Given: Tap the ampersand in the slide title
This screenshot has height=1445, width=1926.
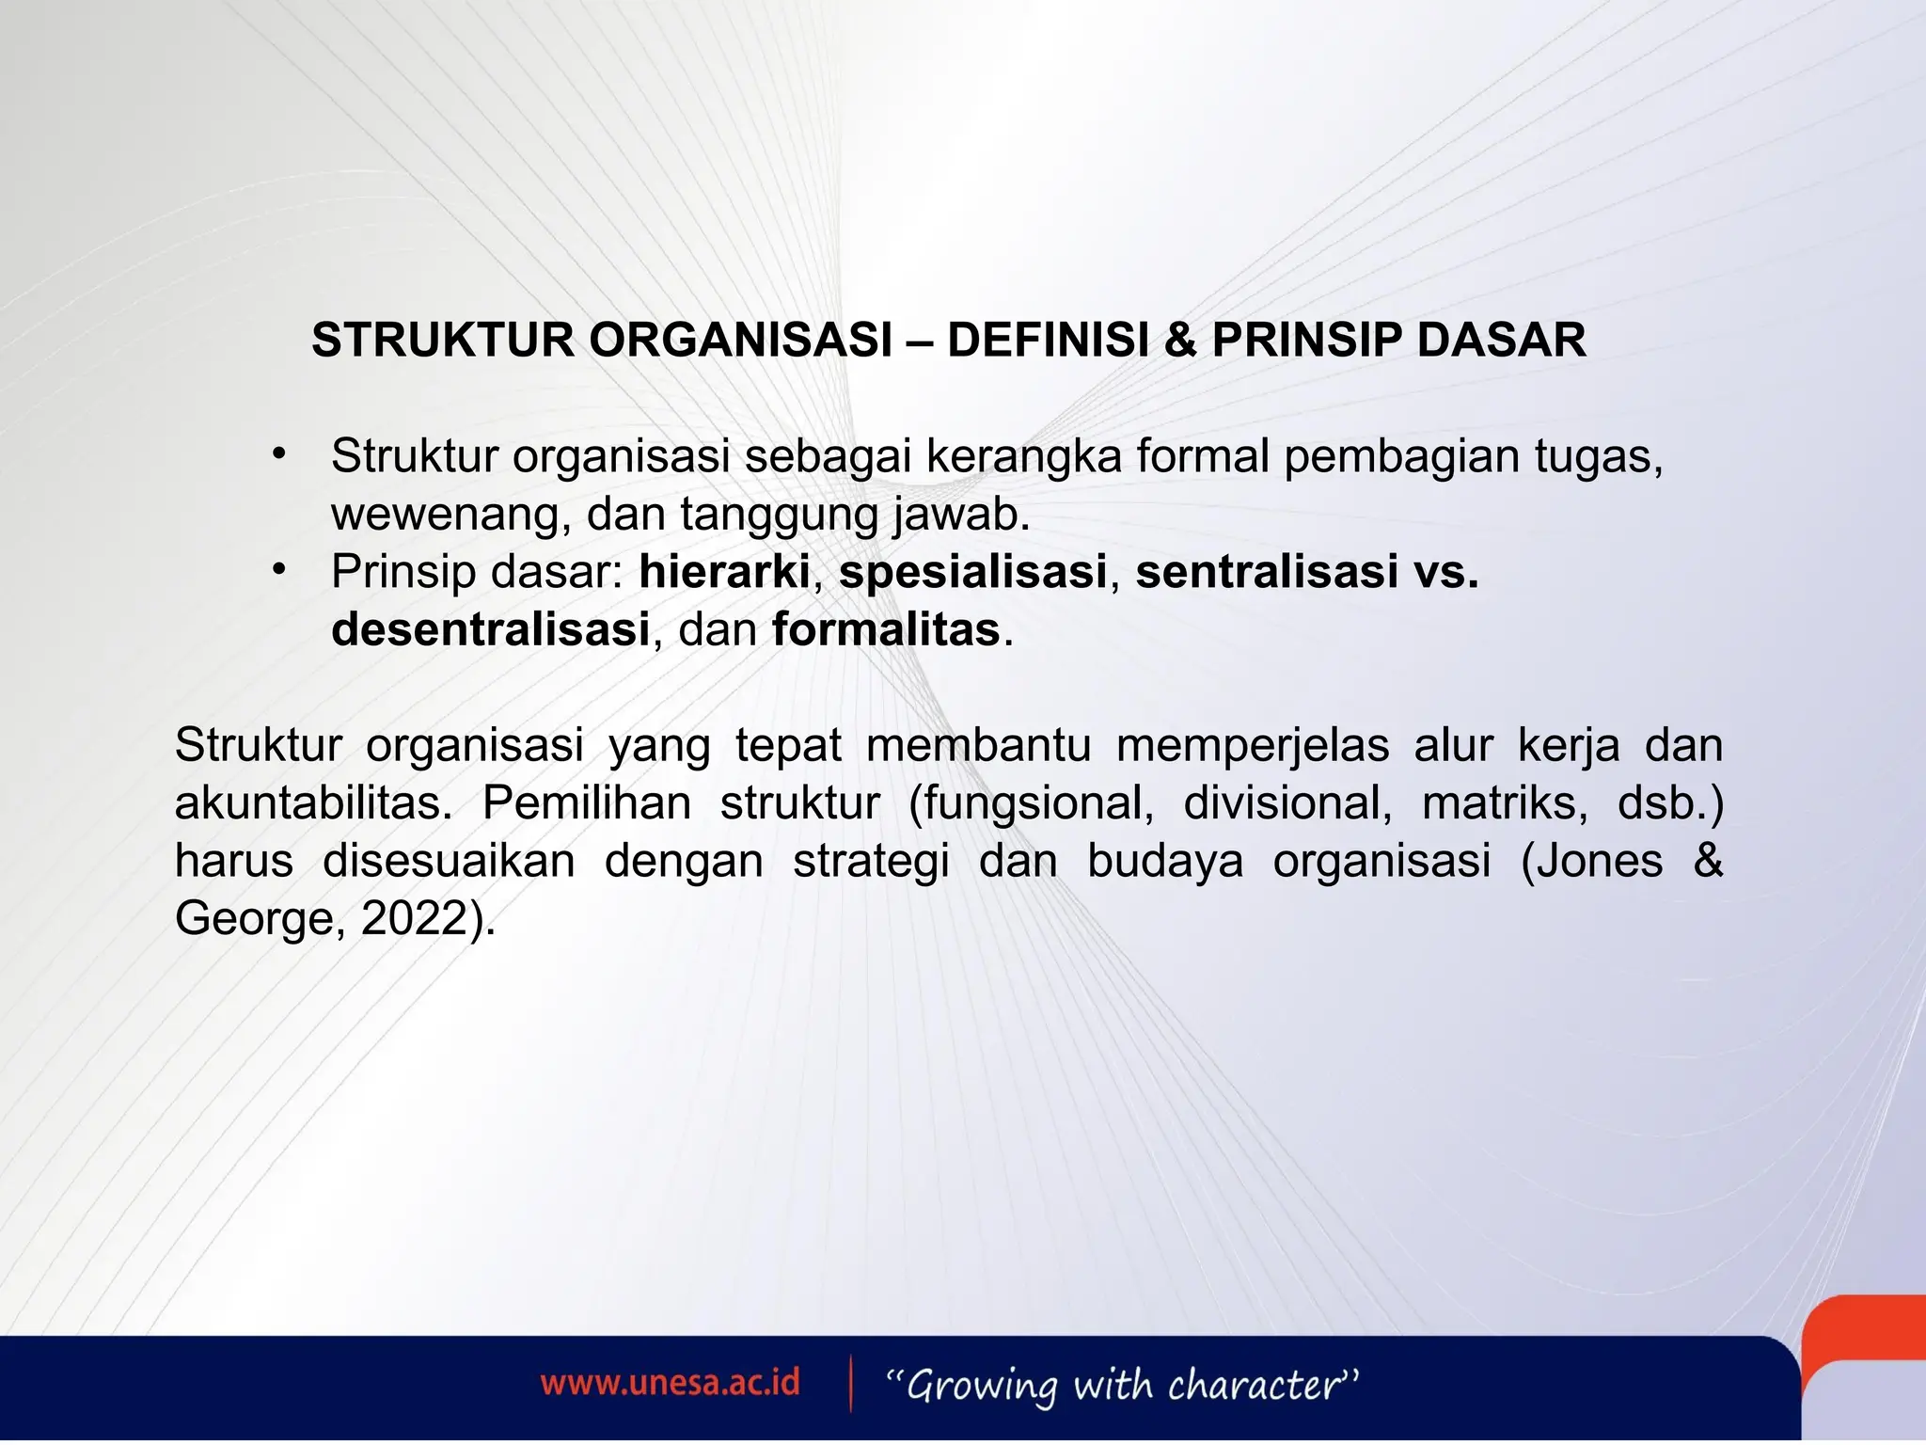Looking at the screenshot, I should pyautogui.click(x=1179, y=340).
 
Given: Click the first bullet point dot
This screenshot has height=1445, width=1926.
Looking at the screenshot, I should pyautogui.click(x=277, y=455).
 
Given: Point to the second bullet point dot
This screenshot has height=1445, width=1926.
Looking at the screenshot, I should pyautogui.click(x=277, y=570).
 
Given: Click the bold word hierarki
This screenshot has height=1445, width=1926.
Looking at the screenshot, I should pyautogui.click(x=724, y=572).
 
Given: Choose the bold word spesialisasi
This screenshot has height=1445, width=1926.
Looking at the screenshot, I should pyautogui.click(x=972, y=572).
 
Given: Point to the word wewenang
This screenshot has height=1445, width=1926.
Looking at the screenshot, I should pyautogui.click(x=450, y=515).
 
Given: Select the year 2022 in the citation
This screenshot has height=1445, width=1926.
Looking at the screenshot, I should pyautogui.click(x=414, y=918).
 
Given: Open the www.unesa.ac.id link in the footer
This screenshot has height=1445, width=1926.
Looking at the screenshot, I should pyautogui.click(x=670, y=1383).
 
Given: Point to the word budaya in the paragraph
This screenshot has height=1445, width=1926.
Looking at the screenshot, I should pyautogui.click(x=1165, y=861).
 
